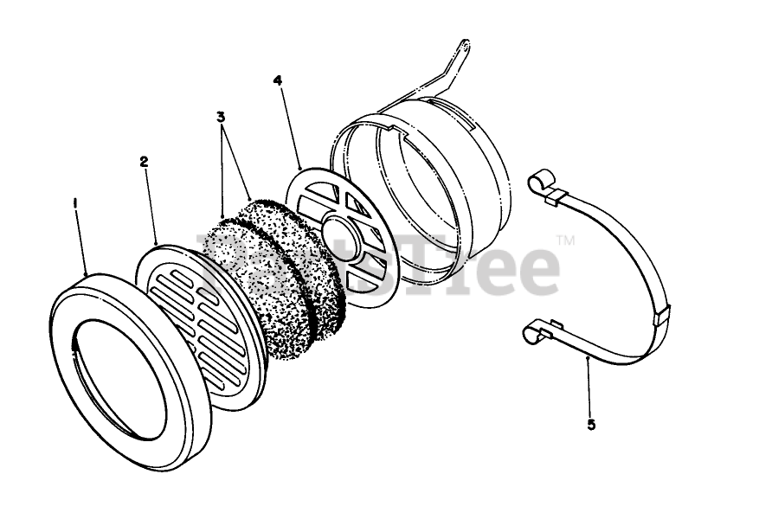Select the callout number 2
[x=143, y=161]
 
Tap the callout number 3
[x=221, y=116]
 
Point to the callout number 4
[x=277, y=80]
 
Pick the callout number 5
[x=591, y=425]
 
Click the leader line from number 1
[x=80, y=242]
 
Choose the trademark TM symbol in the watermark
[x=564, y=240]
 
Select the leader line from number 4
[x=288, y=125]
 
